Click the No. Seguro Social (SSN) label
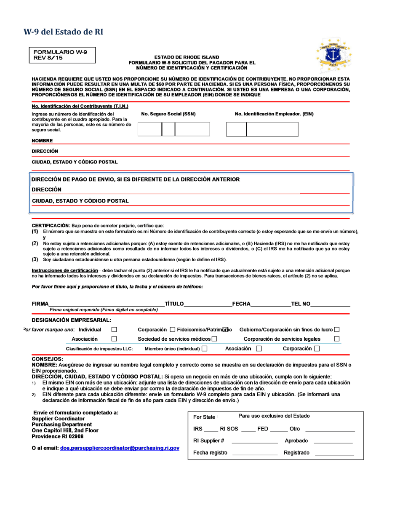[x=168, y=114]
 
